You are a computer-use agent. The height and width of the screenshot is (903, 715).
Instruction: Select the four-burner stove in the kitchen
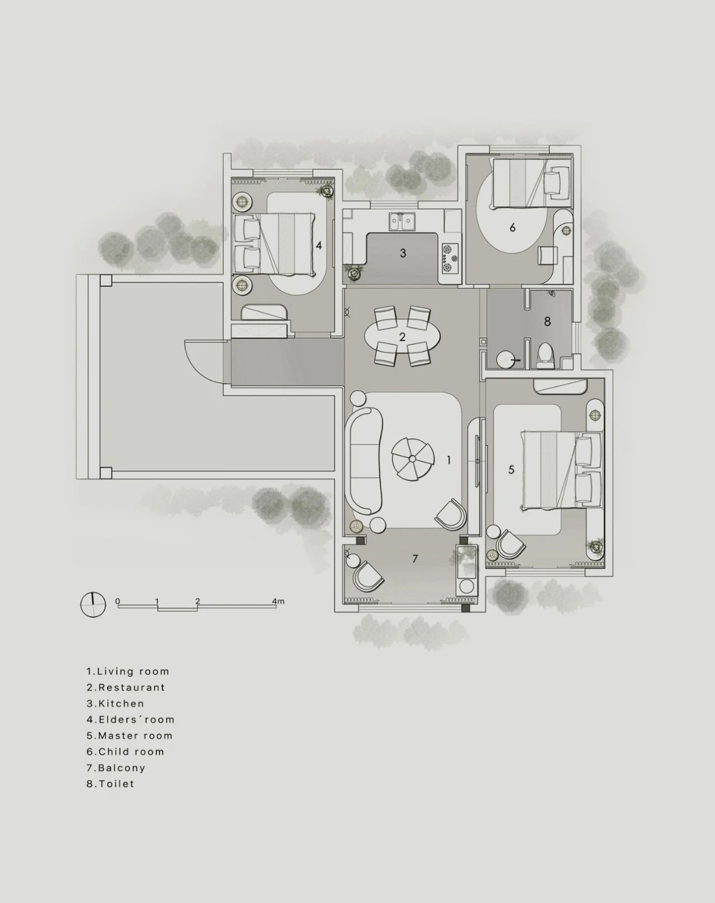pyautogui.click(x=450, y=258)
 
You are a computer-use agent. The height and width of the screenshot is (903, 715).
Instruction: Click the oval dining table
pyautogui.click(x=402, y=336)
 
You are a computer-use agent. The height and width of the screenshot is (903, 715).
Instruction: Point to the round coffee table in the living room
pyautogui.click(x=412, y=459)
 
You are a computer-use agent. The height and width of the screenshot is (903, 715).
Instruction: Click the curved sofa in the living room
pyautogui.click(x=363, y=461)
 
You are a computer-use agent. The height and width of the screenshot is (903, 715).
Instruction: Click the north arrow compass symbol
pyautogui.click(x=93, y=604)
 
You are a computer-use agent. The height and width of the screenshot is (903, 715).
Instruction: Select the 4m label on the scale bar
pyautogui.click(x=278, y=601)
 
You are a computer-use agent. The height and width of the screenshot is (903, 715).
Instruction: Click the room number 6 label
pyautogui.click(x=512, y=227)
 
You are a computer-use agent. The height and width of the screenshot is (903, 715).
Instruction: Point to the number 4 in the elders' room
pyautogui.click(x=319, y=246)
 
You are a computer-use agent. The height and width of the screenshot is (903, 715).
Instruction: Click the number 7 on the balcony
pyautogui.click(x=415, y=559)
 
